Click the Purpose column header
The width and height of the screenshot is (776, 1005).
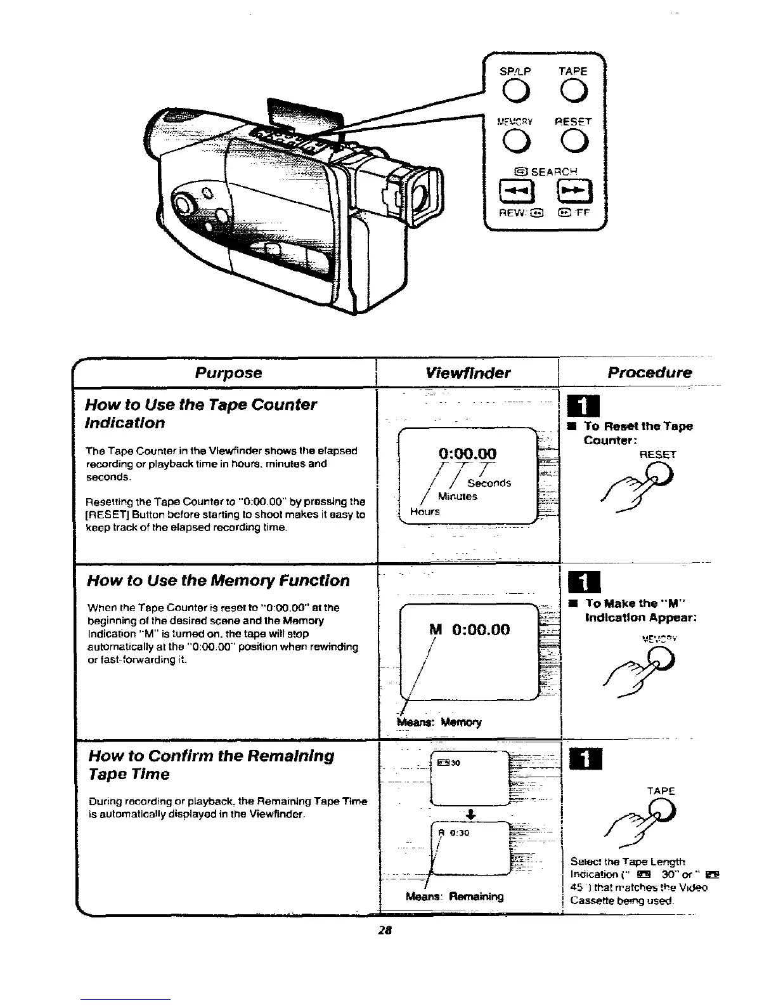pos(228,372)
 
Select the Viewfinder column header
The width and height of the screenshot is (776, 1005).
pos(469,372)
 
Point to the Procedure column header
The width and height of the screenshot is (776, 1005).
pos(649,372)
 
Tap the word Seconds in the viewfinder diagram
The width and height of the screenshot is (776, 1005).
pos(489,483)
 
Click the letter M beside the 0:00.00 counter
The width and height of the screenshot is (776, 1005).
pos(436,629)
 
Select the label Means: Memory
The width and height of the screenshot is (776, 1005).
pos(439,722)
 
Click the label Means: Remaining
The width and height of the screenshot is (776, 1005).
pos(455,897)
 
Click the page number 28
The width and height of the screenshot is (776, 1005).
pos(384,931)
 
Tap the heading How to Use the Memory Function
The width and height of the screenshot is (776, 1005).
pos(218,581)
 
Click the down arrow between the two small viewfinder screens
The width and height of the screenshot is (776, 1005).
pos(470,814)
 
